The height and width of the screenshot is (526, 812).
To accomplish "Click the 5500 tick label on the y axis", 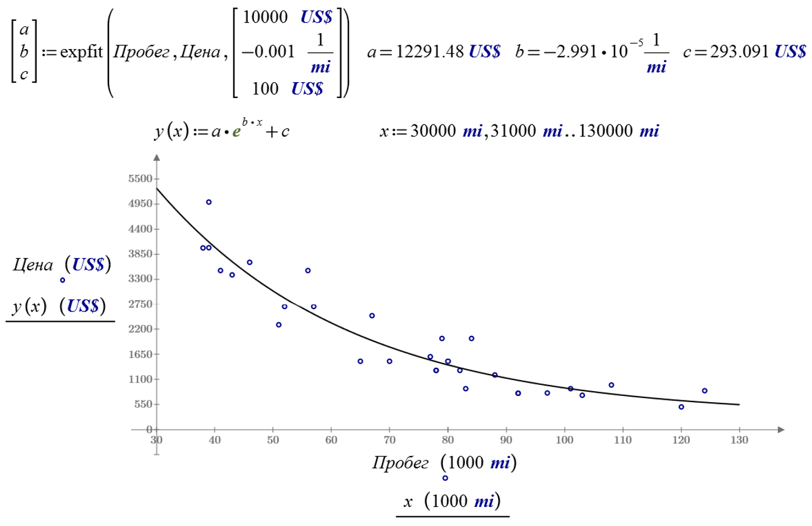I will point(139,179).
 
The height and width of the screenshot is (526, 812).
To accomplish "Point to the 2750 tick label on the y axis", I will point(139,304).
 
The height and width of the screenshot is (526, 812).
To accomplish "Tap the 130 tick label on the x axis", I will point(739,440).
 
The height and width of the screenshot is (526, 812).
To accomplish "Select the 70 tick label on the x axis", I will point(389,440).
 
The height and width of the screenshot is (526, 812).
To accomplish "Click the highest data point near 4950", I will point(209,202).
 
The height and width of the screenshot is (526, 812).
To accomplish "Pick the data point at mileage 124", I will point(705,391).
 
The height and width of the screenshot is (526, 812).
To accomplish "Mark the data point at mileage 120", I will point(681,406).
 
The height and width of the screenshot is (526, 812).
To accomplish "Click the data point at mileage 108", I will point(611,385).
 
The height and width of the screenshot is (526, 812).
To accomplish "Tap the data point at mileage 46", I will point(250,262).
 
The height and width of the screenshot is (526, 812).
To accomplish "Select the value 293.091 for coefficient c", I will point(739,53).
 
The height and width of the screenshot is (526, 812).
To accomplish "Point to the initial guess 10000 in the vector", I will point(266,18).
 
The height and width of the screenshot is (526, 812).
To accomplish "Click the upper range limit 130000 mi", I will point(616,131).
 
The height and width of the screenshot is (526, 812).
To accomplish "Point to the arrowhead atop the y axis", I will point(156,159).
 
